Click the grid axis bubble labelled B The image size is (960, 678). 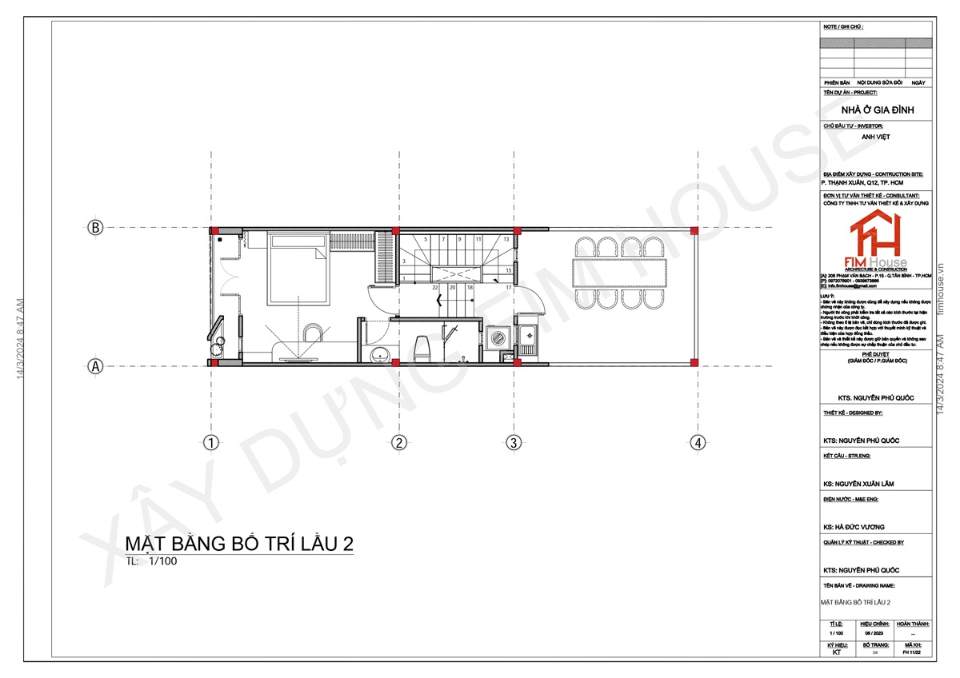95,228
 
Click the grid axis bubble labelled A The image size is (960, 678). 95,366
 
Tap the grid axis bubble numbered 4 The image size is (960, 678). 698,442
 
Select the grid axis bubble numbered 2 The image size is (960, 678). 398,442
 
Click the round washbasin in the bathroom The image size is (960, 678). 378,354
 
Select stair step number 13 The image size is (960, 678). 506,239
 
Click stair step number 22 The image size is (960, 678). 434,287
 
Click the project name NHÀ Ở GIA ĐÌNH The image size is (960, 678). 878,110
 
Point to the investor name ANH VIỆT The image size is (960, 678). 876,137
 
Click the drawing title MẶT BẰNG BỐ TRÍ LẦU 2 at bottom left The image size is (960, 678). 239,544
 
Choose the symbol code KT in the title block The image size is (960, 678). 836,652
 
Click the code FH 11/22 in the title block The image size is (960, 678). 912,652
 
